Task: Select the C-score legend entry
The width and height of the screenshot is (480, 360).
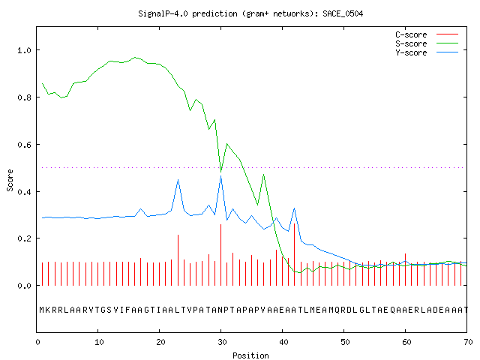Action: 427,34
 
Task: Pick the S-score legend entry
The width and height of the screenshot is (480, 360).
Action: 427,43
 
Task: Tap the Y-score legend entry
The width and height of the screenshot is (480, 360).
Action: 427,52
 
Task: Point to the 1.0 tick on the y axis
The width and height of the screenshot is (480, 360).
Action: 24,50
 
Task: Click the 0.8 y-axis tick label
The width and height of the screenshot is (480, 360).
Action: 24,97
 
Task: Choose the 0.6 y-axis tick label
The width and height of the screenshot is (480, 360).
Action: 24,145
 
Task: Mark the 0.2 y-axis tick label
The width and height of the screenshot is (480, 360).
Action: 24,238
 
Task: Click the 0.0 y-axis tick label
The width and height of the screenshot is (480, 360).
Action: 24,286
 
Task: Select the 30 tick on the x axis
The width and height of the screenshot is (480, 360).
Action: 222,342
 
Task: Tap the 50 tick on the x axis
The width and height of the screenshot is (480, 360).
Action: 345,342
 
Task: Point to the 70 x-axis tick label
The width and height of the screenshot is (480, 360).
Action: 468,342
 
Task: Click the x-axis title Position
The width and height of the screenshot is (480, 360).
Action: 250,355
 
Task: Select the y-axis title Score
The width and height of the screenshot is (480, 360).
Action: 10,181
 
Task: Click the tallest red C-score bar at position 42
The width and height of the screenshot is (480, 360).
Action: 295,254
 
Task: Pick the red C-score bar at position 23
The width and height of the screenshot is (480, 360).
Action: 178,260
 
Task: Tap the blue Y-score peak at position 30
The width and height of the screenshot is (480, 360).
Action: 220,176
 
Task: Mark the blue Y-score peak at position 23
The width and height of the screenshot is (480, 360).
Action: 178,180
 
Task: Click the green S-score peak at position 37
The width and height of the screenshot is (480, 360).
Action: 263,175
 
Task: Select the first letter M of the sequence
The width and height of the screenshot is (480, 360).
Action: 42,310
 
